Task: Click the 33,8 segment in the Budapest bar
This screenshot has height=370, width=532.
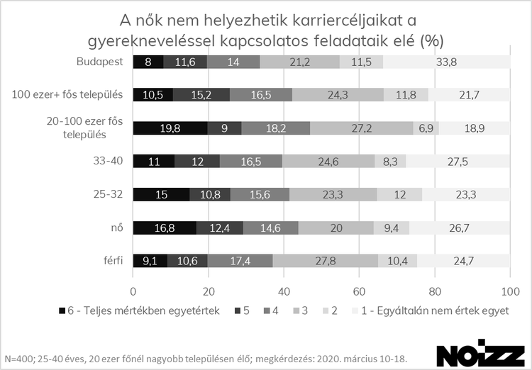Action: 447,62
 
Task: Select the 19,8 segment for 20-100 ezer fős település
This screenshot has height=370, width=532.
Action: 170,128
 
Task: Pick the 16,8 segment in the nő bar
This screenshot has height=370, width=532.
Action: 165,228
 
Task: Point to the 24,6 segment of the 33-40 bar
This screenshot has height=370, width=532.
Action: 328,161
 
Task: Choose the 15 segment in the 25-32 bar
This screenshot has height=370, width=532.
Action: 162,194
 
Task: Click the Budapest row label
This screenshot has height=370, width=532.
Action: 100,62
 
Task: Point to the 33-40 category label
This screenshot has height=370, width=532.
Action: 109,161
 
